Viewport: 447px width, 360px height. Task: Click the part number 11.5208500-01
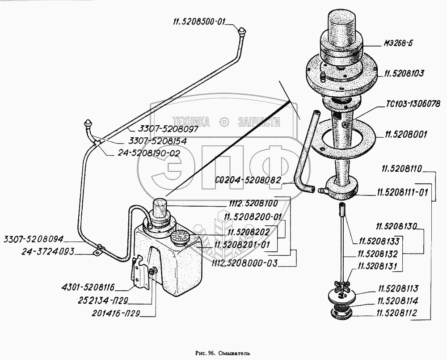[x=199, y=22]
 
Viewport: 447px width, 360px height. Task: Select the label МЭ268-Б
[x=398, y=44]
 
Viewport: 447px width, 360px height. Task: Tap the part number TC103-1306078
[x=413, y=104]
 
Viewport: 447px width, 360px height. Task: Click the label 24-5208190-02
[x=149, y=153]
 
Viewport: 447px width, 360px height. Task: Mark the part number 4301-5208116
[x=88, y=287]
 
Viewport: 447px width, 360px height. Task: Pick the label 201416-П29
[x=116, y=313]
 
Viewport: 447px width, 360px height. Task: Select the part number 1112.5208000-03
[x=245, y=263]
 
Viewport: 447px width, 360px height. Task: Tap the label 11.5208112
[x=396, y=313]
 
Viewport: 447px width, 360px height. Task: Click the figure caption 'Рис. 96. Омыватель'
[x=223, y=353]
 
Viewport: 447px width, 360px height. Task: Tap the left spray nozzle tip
[x=88, y=123]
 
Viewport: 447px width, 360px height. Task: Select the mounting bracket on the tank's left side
[x=139, y=272]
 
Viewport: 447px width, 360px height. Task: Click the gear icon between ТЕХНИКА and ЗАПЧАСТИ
[x=224, y=122]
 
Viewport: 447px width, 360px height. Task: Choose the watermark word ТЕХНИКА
[x=191, y=122]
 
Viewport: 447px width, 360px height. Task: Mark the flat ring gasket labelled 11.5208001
[x=345, y=138]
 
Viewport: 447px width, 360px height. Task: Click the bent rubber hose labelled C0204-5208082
[x=305, y=152]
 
